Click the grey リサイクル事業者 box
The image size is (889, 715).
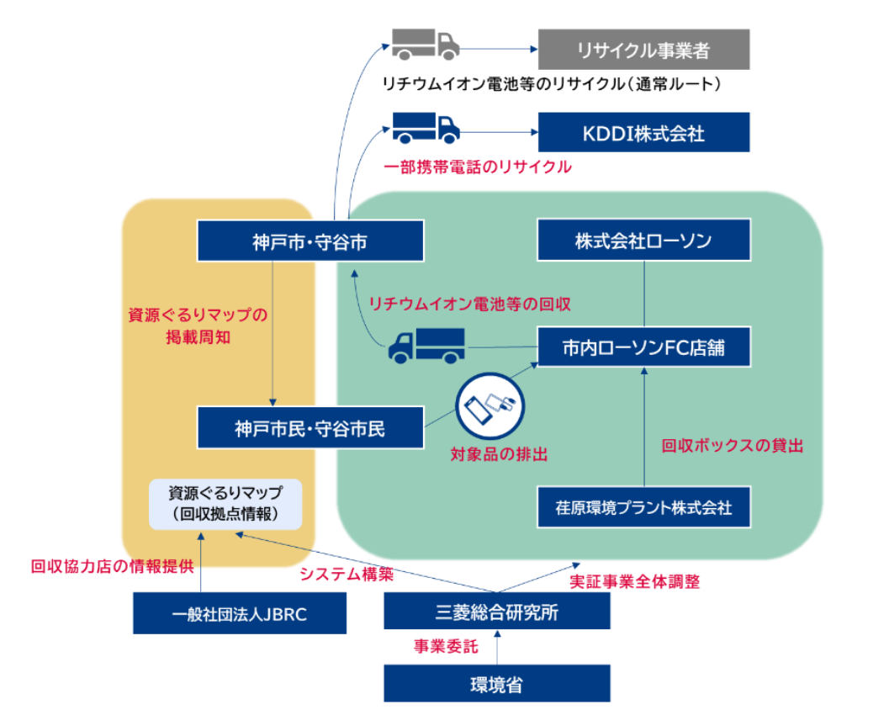click(x=643, y=50)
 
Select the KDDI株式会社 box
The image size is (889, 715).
click(x=643, y=132)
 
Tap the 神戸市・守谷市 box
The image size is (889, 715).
click(x=310, y=241)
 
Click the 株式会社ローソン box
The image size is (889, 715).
click(x=643, y=241)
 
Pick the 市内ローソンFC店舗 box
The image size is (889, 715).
click(x=643, y=346)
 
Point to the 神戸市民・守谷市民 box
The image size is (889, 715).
click(x=310, y=428)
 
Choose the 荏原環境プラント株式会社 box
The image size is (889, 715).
click(x=643, y=507)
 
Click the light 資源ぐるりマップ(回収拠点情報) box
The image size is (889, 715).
click(x=225, y=504)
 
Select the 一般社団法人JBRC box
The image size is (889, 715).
click(x=240, y=613)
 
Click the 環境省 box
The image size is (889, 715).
click(x=496, y=684)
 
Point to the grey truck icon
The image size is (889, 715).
click(x=426, y=45)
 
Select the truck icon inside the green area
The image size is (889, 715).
click(x=426, y=345)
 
